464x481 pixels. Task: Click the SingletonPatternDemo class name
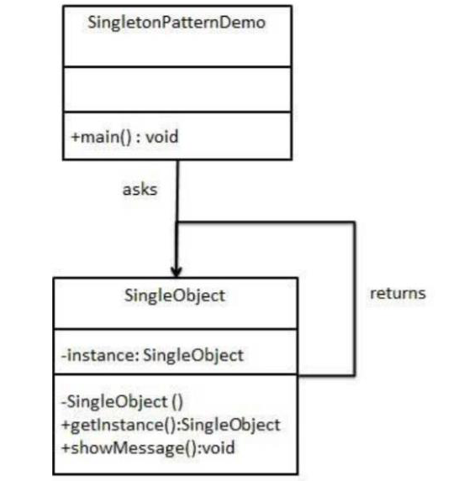176,23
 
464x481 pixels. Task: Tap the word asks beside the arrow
140,190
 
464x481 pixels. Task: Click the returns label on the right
398,294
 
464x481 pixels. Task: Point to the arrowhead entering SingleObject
176,271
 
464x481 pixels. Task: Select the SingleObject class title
175,296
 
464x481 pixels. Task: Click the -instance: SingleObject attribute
152,355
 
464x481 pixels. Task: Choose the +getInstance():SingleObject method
171,425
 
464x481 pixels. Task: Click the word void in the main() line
161,138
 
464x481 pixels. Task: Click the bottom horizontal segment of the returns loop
325,375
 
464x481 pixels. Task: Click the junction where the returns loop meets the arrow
176,222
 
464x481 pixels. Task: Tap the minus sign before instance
65,355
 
